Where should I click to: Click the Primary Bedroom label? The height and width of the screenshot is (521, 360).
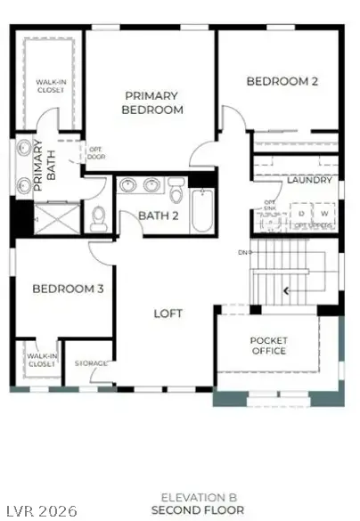click(153, 102)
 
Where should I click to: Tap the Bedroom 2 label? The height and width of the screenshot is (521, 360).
click(282, 81)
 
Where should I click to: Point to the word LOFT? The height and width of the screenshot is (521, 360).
click(168, 313)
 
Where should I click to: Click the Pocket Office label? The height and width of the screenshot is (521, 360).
click(268, 346)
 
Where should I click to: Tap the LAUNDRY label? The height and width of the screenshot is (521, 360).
click(309, 180)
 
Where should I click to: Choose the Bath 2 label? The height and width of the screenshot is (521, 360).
click(159, 216)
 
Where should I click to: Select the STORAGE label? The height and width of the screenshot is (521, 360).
click(91, 363)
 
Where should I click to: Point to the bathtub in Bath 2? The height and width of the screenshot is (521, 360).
click(202, 212)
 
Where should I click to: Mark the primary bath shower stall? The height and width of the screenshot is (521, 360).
click(54, 216)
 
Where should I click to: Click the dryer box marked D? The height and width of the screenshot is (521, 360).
click(301, 214)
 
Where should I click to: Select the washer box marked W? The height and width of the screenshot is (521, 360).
click(324, 214)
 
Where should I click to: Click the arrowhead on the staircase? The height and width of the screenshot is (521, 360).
click(286, 290)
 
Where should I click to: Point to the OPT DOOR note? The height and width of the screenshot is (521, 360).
click(95, 153)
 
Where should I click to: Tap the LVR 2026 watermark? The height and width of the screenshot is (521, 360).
click(27, 511)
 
